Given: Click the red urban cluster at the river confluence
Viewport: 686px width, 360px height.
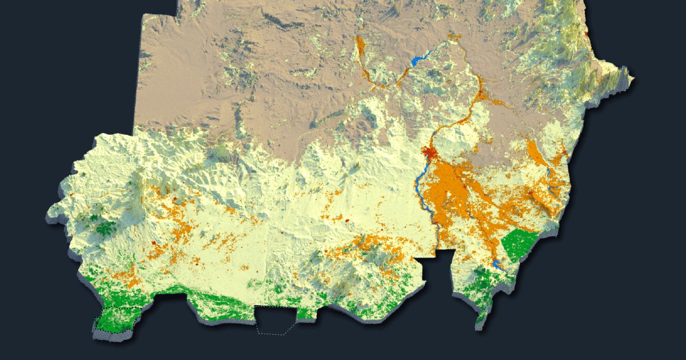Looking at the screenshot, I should click(x=429, y=152).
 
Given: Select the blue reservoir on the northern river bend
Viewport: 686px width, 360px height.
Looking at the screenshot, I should click(x=420, y=58).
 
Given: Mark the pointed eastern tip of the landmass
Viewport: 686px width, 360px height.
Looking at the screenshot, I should click(x=632, y=77).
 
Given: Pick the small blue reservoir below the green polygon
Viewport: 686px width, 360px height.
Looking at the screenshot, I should click(x=497, y=264).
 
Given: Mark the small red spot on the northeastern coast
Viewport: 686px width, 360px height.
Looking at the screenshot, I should click(x=587, y=35).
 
